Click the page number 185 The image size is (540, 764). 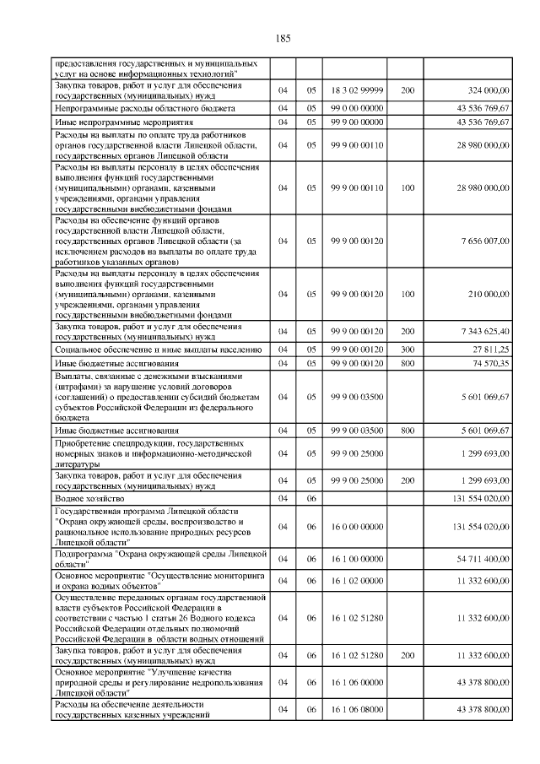coord(283,37)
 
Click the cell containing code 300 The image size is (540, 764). coord(408,349)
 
